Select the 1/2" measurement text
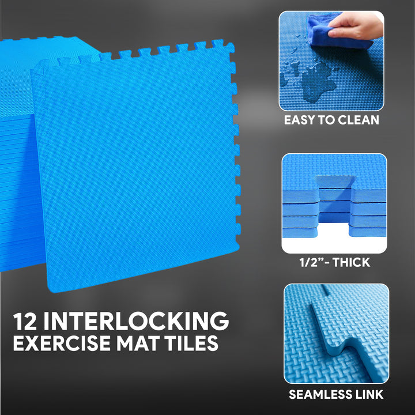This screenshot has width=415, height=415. click(311, 262)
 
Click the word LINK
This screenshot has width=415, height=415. click(369, 395)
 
